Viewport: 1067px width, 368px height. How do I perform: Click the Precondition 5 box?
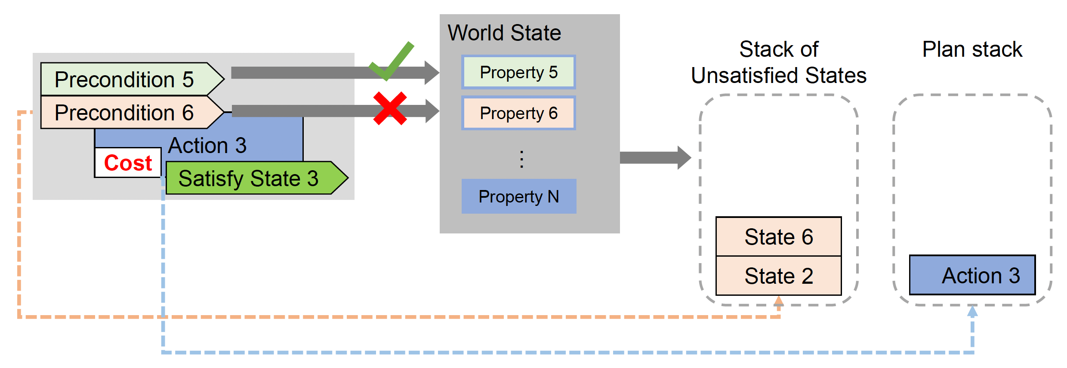(125, 80)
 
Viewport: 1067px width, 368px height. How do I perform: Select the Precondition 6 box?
(125, 113)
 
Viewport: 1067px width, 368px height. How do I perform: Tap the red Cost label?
(128, 163)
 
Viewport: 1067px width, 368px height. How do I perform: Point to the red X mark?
(390, 108)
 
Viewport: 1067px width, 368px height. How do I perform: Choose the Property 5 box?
(518, 72)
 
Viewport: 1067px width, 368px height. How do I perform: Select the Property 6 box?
(518, 113)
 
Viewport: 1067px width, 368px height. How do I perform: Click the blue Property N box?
(518, 196)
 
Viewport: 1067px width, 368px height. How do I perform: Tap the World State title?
(504, 33)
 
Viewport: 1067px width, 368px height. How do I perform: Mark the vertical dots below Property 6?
(521, 159)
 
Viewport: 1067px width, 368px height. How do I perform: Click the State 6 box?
(778, 237)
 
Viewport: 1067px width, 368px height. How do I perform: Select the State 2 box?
(778, 276)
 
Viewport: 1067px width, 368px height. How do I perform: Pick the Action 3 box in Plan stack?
(972, 275)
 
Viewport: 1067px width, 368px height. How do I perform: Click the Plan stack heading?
(972, 49)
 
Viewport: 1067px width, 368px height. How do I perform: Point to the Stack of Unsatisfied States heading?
(778, 62)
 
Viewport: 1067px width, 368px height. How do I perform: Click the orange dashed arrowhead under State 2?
(779, 301)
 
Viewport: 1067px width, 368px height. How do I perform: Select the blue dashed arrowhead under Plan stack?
(972, 311)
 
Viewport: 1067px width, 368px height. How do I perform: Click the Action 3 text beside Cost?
(207, 145)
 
